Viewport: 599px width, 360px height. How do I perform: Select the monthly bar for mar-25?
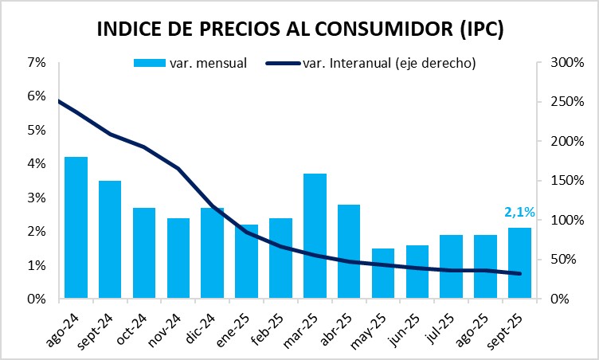click(x=315, y=237)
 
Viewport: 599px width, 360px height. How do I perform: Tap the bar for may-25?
click(x=383, y=274)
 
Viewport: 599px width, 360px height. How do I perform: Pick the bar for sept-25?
click(x=519, y=264)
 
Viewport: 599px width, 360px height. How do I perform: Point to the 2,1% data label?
click(x=519, y=212)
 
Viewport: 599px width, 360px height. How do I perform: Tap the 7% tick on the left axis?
click(x=36, y=62)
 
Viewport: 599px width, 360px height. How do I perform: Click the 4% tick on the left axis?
click(x=36, y=164)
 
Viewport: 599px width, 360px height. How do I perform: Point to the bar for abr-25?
click(x=349, y=252)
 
